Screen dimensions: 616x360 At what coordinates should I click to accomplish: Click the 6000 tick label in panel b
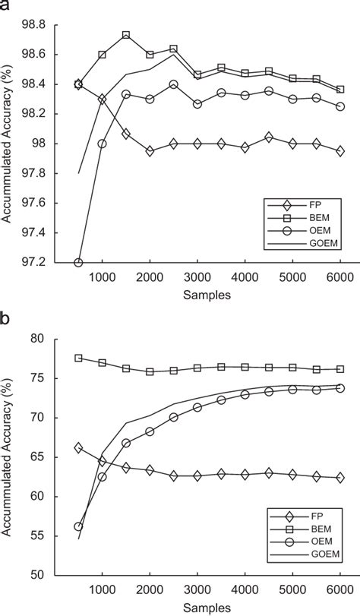pos(340,589)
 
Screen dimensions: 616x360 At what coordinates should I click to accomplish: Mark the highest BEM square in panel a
pos(126,35)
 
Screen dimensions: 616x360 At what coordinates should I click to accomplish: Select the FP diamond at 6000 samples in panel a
pos(340,151)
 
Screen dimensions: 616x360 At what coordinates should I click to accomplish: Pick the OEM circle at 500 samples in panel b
pos(78,526)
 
